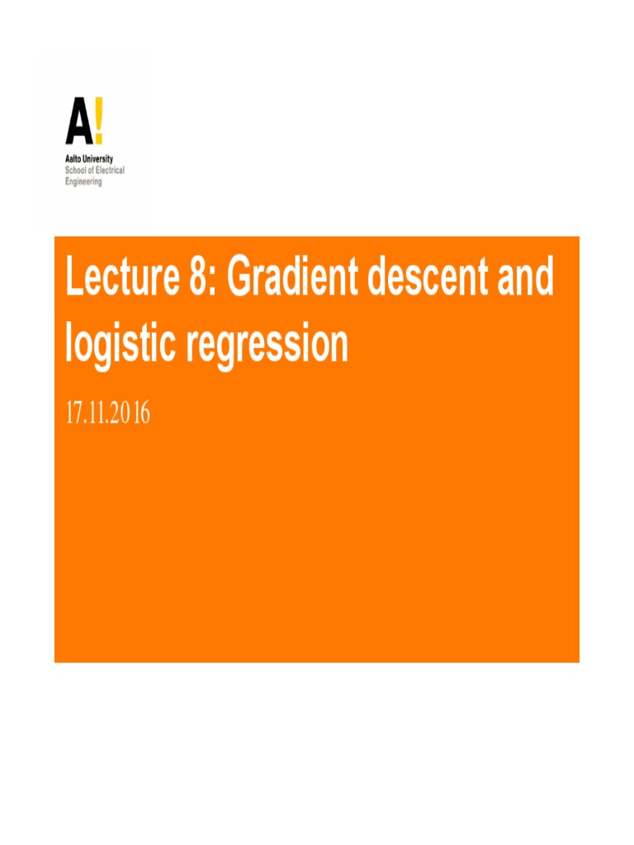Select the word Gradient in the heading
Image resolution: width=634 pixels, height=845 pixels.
292,278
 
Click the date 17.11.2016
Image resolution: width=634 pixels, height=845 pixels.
108,413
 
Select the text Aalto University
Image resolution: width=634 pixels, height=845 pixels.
89,158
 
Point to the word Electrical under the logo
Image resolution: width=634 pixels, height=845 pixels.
107,170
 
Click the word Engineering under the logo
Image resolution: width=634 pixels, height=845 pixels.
84,182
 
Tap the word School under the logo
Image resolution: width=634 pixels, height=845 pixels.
76,170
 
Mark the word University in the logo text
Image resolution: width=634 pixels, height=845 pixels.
99,158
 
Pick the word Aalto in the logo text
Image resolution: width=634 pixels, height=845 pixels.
74,158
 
